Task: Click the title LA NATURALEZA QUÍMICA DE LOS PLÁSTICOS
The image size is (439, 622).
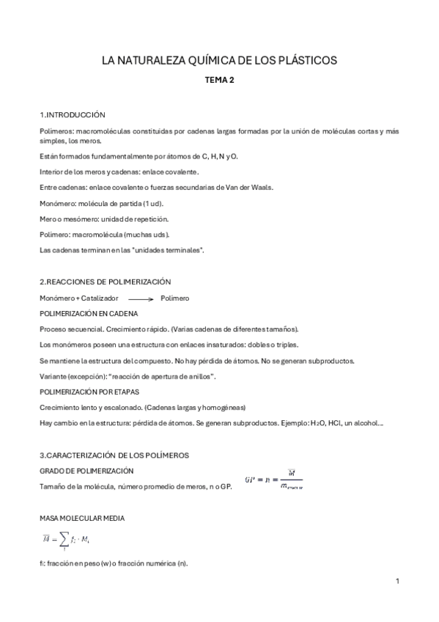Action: tap(219, 62)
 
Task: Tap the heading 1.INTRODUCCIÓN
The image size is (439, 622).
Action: tap(73, 115)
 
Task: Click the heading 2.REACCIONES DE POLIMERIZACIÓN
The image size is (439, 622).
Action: tap(105, 282)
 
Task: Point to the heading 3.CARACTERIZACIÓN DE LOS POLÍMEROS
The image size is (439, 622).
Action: tap(114, 455)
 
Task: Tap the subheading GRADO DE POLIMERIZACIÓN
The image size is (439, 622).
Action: tap(86, 470)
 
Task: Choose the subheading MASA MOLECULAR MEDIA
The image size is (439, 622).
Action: tap(81, 518)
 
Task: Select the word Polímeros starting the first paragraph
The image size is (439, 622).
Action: tap(56, 131)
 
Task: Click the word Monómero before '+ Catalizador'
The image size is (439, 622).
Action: tap(56, 299)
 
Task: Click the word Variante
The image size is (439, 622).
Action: tap(53, 376)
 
